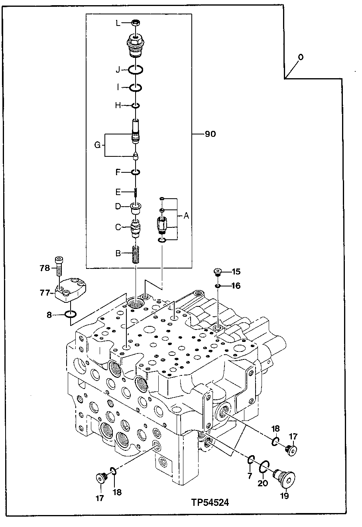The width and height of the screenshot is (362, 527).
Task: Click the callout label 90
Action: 210,134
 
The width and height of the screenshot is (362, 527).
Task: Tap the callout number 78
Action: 45,268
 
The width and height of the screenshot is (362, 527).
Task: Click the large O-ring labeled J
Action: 136,70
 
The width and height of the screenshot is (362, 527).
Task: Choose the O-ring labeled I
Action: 136,87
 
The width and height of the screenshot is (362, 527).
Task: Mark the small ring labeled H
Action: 136,106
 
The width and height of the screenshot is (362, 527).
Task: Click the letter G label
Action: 97,145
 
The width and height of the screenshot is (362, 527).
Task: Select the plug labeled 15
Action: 218,272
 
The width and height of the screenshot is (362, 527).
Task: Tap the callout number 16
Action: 236,286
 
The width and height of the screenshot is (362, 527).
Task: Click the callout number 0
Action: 300,57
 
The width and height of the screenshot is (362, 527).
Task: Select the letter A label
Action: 186,216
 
